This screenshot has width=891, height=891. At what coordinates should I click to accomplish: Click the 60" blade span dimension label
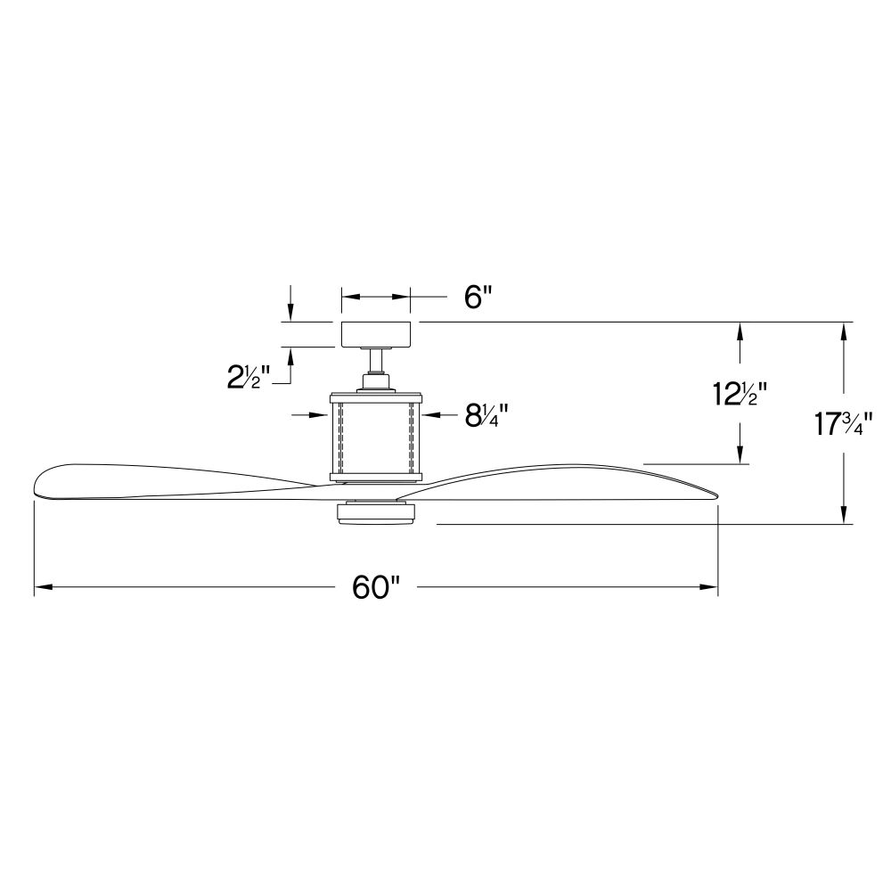point(377,587)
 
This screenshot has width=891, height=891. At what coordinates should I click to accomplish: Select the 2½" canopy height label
point(249,377)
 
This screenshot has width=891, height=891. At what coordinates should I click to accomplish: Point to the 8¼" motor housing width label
point(486,415)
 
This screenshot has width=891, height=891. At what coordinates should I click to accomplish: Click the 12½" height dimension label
point(740,394)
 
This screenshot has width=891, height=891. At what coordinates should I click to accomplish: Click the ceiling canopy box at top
point(376,334)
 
